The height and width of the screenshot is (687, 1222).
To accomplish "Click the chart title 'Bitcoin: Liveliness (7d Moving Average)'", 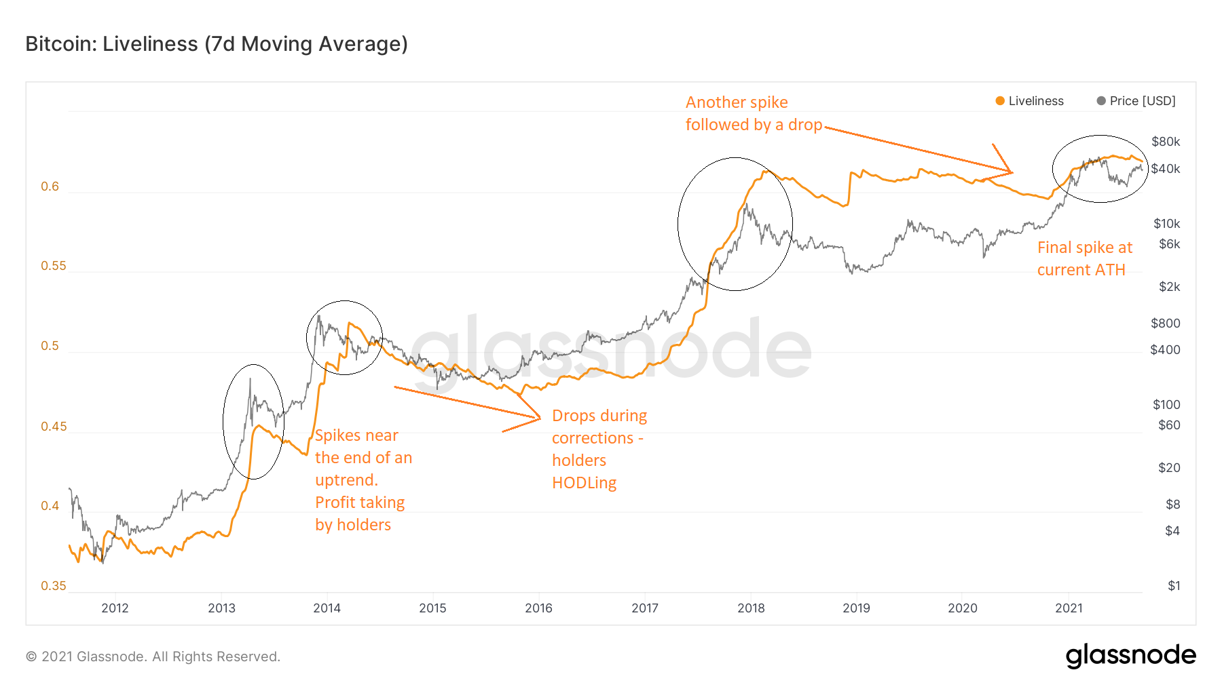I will point(217,44).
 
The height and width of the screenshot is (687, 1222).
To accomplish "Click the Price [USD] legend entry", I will point(1136,101).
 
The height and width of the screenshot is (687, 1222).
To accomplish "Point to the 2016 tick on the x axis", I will point(538,608).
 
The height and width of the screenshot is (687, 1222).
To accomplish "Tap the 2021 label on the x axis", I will point(1069,608).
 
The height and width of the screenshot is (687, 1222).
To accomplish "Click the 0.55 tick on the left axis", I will point(54,266).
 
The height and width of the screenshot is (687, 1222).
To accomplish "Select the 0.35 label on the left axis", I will point(54,586).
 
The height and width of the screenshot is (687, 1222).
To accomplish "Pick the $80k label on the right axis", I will point(1166,142).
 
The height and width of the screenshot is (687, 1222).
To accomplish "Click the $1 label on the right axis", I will point(1174,586).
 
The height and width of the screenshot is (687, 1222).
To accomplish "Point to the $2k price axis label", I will point(1169,287).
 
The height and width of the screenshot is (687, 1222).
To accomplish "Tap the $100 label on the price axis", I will point(1166,405).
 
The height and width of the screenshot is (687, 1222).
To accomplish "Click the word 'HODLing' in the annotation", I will point(584,483).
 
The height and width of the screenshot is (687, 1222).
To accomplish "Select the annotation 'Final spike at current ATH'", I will point(1084,258).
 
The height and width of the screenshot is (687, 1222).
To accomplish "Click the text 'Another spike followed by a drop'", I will point(753,113).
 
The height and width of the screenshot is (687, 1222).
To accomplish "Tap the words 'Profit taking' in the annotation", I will point(360,503).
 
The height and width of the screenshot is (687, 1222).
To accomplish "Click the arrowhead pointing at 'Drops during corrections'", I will point(538,417).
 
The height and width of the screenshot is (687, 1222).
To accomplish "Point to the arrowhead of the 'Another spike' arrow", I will point(1011,172).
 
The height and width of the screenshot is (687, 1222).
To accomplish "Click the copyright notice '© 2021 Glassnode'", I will point(153,656).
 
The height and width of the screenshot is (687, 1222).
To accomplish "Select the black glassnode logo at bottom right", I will point(1130,656).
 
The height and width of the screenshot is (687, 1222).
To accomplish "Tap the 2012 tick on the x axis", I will point(115,608).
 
